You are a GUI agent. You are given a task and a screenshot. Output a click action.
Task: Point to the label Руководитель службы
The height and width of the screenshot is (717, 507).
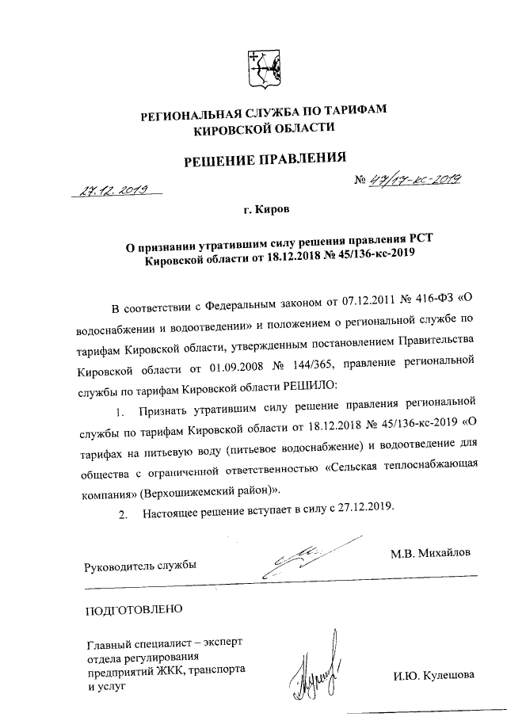point(139,566)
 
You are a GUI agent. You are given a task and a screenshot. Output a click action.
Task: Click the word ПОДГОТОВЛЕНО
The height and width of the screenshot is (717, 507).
point(133,609)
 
